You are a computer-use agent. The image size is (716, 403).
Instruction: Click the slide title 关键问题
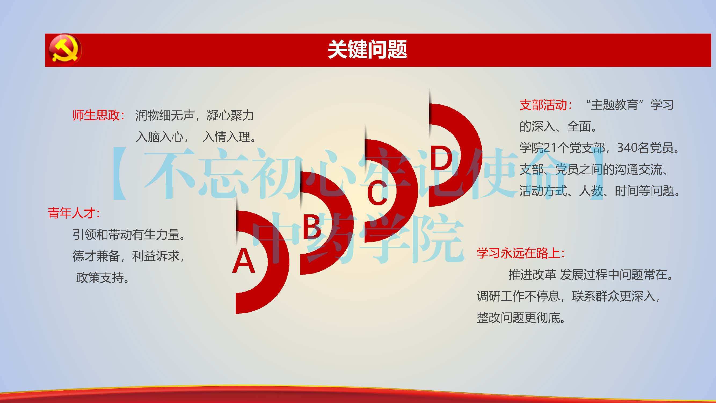click(367, 49)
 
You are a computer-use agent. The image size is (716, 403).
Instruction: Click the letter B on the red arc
click(312, 226)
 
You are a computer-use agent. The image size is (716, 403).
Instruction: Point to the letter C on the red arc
click(377, 192)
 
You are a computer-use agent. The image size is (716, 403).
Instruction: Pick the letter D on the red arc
click(441, 158)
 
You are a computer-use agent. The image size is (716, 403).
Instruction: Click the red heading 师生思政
click(96, 115)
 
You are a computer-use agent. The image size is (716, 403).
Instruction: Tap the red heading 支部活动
click(543, 105)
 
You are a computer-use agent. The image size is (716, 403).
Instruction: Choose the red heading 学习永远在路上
click(518, 253)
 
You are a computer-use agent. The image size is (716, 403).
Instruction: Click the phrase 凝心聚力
click(230, 115)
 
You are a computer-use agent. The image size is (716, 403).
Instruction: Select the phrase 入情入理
click(227, 136)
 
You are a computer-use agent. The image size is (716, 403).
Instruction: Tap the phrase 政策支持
click(100, 277)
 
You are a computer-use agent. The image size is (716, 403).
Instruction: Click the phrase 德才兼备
click(96, 256)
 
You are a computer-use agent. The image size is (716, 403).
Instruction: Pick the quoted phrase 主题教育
click(614, 105)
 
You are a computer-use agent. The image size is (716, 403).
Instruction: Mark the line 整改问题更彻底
click(519, 318)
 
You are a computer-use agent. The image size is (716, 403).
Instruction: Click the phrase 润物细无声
click(165, 115)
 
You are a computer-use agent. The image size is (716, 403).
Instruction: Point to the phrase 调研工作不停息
click(518, 296)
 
